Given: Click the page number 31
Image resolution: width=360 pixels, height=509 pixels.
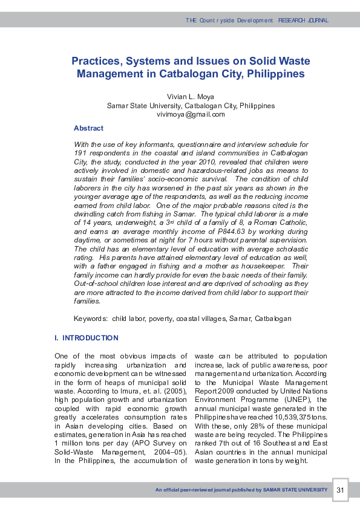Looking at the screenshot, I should tap(340, 490).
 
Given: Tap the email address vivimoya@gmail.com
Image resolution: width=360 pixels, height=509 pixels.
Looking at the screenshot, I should tap(191, 114).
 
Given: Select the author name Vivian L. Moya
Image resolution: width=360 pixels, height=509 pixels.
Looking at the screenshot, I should tap(191, 97).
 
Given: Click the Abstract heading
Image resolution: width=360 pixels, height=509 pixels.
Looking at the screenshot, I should tap(88, 128).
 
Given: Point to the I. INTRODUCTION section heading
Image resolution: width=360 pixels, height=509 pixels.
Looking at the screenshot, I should tap(87, 338).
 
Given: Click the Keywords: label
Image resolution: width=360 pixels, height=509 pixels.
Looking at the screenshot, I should tap(91, 319).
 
